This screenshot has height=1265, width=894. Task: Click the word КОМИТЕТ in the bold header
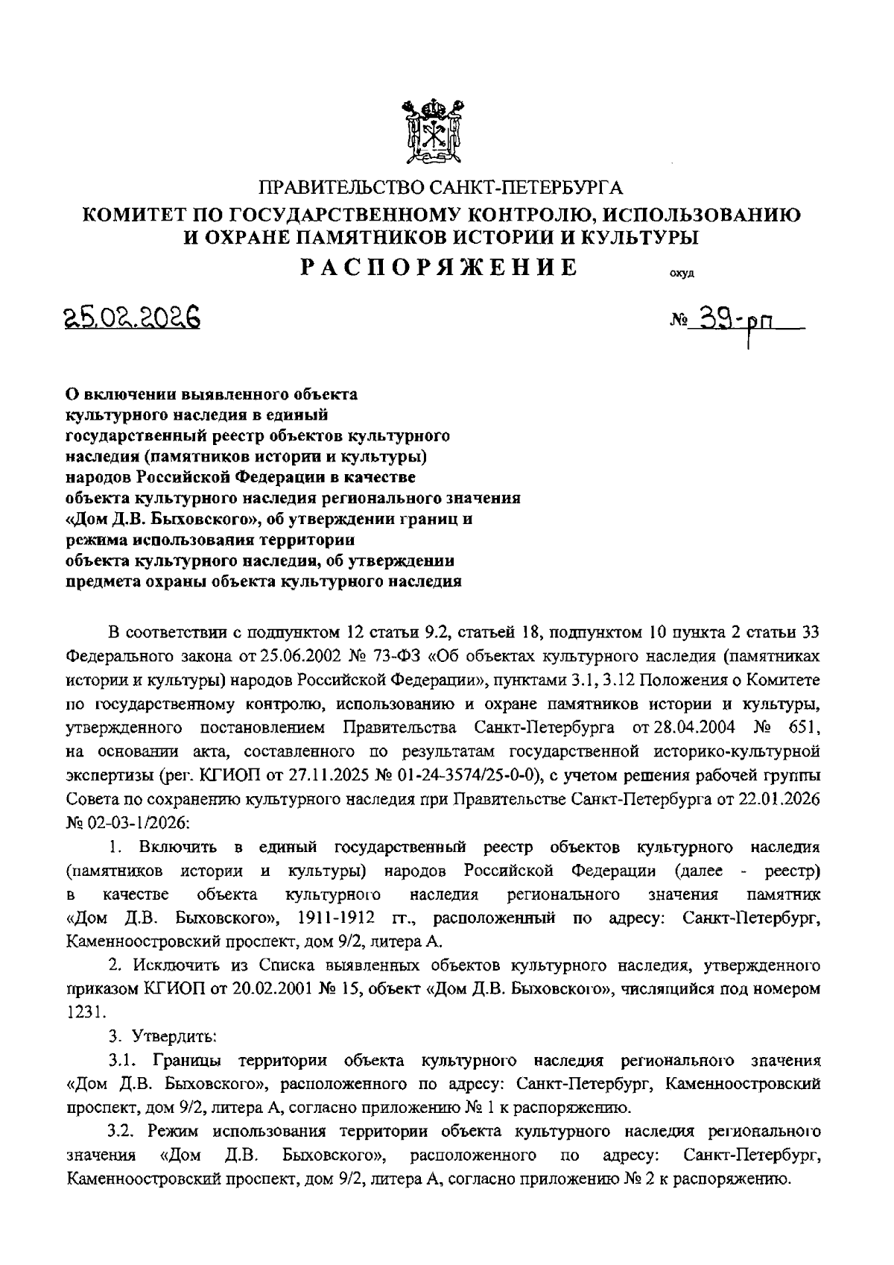coord(134,215)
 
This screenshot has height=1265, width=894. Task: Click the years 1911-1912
coord(340,916)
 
